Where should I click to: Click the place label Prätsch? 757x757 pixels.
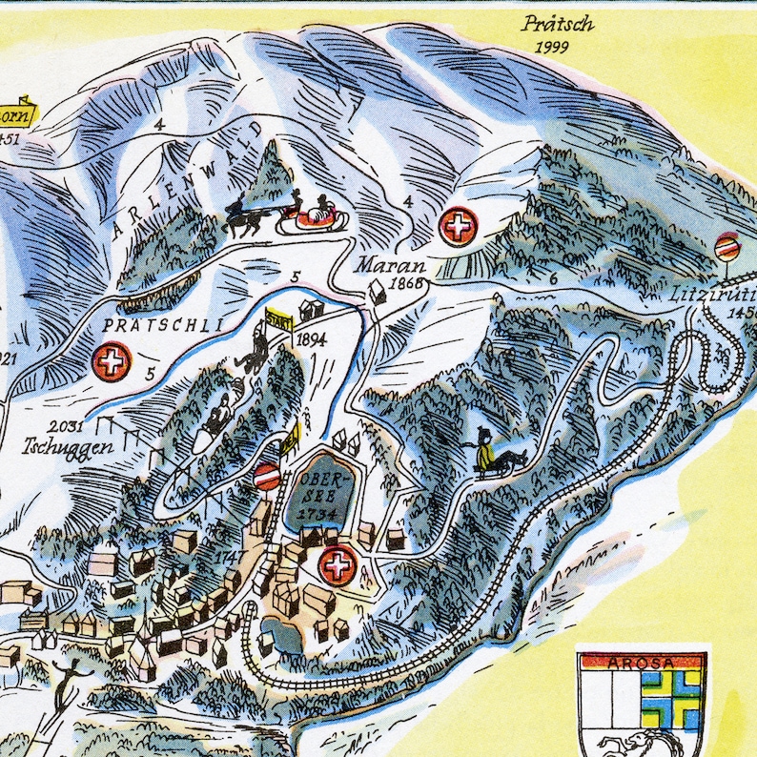pyautogui.click(x=558, y=24)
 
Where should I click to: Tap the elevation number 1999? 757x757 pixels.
pyautogui.click(x=553, y=47)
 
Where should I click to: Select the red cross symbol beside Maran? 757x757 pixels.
pyautogui.click(x=459, y=227)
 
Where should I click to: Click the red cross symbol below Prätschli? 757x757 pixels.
pyautogui.click(x=112, y=362)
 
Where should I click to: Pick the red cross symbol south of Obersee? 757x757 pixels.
pyautogui.click(x=337, y=564)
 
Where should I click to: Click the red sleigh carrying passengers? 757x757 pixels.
pyautogui.click(x=317, y=216)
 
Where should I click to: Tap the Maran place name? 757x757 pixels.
pyautogui.click(x=391, y=265)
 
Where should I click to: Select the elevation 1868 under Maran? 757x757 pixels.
pyautogui.click(x=406, y=283)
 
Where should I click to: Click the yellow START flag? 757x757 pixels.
pyautogui.click(x=277, y=318)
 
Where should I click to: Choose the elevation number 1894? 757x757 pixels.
pyautogui.click(x=312, y=338)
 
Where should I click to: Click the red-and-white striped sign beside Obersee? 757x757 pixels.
pyautogui.click(x=268, y=476)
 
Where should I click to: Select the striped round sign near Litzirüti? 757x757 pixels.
pyautogui.click(x=727, y=246)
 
